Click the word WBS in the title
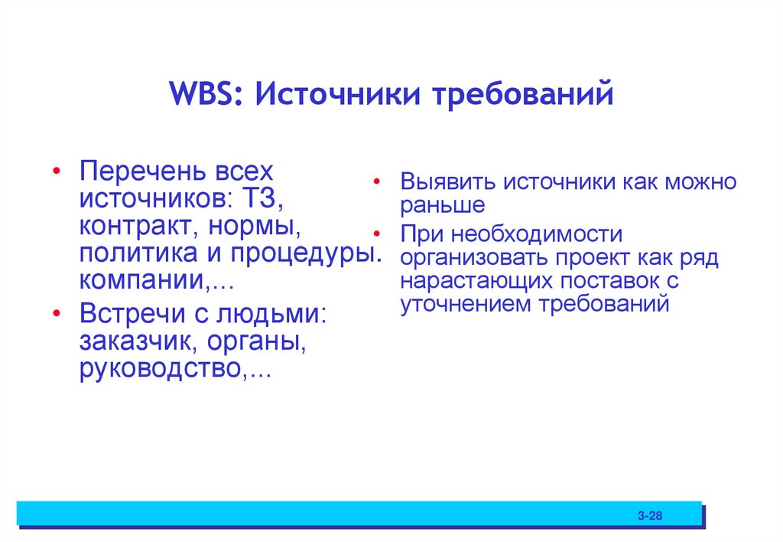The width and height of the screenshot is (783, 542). (205, 97)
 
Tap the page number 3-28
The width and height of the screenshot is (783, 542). (650, 517)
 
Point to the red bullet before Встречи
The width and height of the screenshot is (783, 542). (58, 315)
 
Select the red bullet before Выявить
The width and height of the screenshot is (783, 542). (376, 184)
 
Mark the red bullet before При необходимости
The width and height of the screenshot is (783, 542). (376, 233)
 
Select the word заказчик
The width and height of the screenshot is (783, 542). (137, 343)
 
